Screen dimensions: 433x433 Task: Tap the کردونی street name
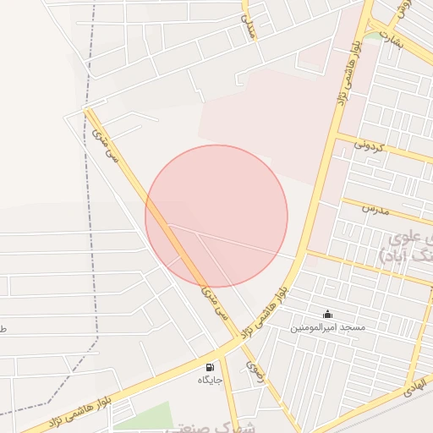click(370, 146)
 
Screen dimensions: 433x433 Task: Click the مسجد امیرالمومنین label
click(327, 326)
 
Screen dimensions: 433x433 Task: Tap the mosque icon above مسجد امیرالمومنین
click(327, 314)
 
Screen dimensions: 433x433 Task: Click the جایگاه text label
click(210, 380)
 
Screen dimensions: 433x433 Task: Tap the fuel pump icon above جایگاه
click(209, 367)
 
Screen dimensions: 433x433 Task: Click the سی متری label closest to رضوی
click(212, 304)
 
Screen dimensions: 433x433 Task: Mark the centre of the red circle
click(216, 216)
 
